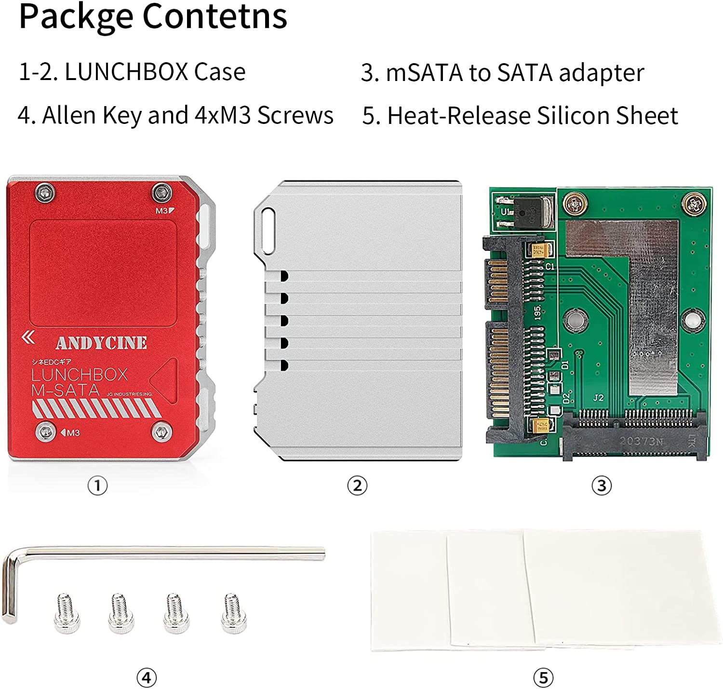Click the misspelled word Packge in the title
coord(75,17)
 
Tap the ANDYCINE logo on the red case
coord(101,343)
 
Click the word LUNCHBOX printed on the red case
coord(80,375)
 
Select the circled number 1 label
coord(97,486)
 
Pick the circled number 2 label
coord(357,486)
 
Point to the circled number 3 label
coord(602,486)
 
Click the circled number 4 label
coord(147,678)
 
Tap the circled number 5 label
coord(543,678)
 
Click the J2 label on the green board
coord(598,398)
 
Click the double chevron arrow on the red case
coord(28,338)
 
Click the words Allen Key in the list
coord(91,116)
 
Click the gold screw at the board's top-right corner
coord(694,203)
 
